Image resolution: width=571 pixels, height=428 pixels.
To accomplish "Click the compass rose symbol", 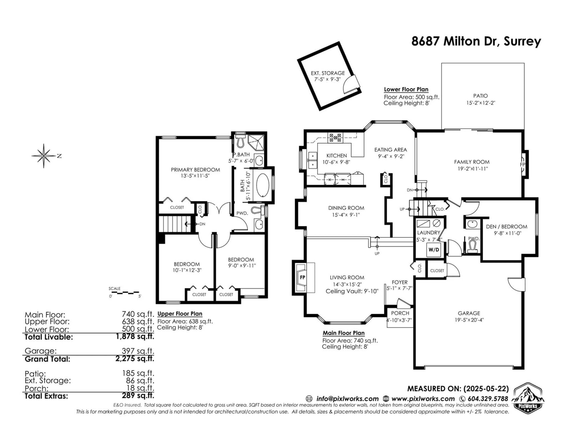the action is [44, 156].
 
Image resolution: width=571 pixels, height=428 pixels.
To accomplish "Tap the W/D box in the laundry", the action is [434, 250].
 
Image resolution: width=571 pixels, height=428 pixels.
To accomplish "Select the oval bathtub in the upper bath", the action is [263, 184].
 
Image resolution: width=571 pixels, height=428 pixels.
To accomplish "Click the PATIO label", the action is [481, 96].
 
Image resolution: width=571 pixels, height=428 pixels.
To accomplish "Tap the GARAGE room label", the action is [469, 313].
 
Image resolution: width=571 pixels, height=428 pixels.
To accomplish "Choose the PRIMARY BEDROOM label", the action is [195, 170].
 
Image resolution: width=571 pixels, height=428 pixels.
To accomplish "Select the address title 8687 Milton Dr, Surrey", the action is [476, 41].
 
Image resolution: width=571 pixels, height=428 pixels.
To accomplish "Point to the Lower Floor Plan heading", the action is [406, 89].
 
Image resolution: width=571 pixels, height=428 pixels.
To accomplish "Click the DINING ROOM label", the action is [346, 208].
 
